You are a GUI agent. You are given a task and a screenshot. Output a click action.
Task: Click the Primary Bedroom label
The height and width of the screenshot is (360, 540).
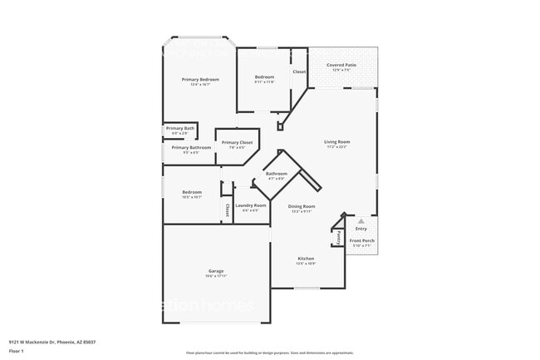200,79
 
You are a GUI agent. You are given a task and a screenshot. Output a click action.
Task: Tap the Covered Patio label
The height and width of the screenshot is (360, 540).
341,64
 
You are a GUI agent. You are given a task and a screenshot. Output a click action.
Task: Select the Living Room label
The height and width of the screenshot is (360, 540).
336,142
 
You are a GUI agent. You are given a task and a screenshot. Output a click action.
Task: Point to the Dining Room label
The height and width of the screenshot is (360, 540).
301,206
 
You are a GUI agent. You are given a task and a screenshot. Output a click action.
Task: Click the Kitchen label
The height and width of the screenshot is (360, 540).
306,259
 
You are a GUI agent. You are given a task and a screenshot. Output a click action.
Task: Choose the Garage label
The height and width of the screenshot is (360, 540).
215,272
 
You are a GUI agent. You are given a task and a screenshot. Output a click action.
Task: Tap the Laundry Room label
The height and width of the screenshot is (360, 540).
250,205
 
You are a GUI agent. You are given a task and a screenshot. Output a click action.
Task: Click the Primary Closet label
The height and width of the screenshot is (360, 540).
237,143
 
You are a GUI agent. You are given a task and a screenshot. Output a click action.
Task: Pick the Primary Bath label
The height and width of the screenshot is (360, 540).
179,128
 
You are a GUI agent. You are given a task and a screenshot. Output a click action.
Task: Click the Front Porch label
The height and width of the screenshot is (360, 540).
361,240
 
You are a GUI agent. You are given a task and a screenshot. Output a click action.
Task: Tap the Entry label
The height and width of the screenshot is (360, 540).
361,229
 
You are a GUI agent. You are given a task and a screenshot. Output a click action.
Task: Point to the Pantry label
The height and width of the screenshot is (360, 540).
338,237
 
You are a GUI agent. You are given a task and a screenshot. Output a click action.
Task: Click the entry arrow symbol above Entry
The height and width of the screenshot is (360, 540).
361,221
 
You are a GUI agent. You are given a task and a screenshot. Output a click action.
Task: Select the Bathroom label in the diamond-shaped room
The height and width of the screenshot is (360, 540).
276,174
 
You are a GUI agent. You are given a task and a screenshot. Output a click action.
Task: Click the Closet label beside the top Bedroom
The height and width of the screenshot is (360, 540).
299,72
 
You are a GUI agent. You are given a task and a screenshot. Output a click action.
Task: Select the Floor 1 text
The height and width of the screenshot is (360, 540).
17,352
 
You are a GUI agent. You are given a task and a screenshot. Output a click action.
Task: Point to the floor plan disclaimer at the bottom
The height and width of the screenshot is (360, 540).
269,353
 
